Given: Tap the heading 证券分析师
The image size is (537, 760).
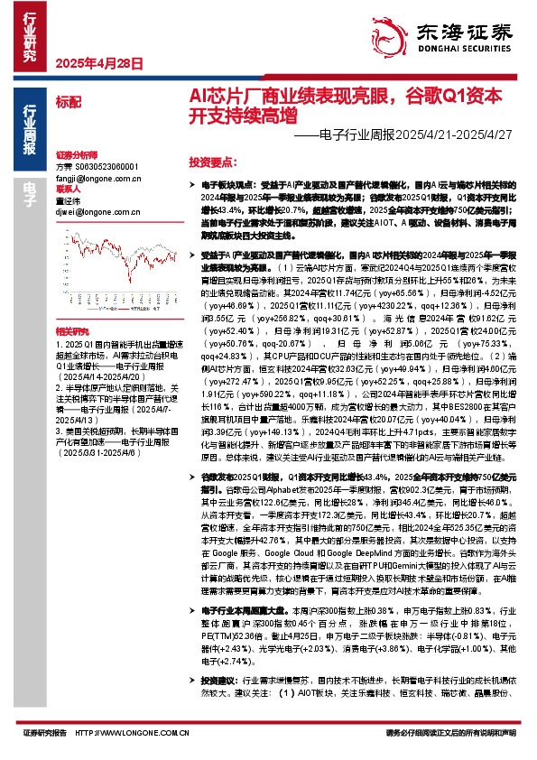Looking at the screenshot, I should pos(74,155).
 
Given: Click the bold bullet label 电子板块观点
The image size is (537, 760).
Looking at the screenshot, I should pos(227,183).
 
